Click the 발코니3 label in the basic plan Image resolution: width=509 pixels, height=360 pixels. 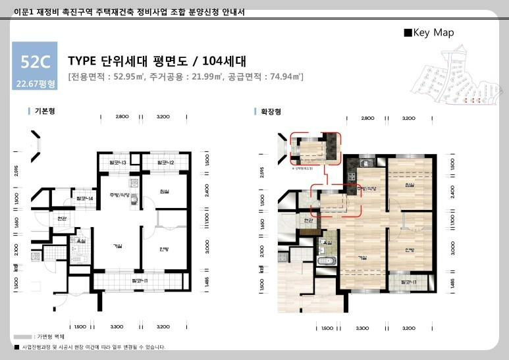(x=118, y=163)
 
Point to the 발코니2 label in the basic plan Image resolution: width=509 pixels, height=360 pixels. (x=165, y=163)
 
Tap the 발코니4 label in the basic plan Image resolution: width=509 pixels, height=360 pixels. (x=84, y=197)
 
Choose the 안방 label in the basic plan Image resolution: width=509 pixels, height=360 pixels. (x=164, y=249)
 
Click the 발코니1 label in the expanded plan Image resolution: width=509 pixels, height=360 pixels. (x=408, y=282)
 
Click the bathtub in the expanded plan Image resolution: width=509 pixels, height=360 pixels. (x=327, y=261)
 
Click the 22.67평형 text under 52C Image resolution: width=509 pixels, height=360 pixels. (x=35, y=84)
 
